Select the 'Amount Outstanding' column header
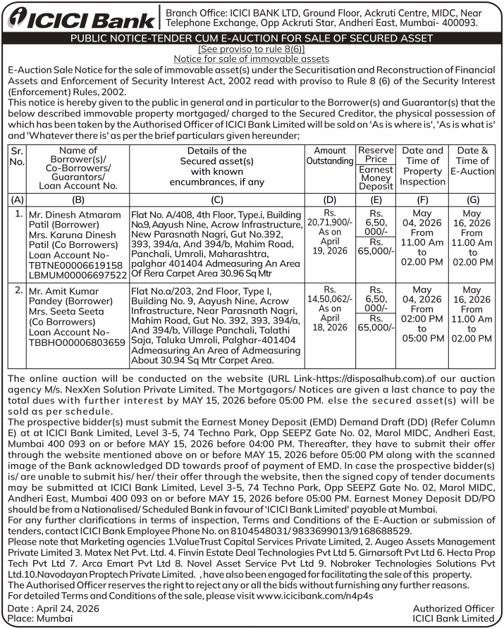tap(330, 156)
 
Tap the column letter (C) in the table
tap(217, 199)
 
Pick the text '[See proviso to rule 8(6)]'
tap(252, 49)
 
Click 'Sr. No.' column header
tap(16, 156)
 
